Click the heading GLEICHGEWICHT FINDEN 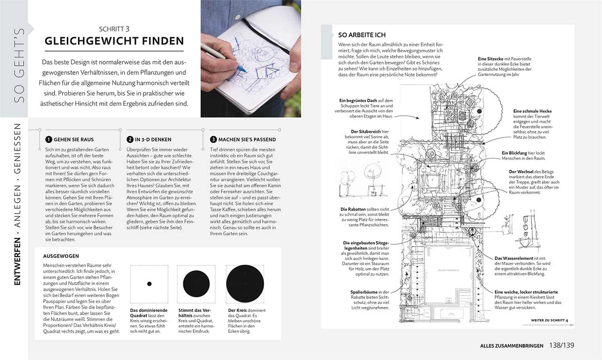coord(114,41)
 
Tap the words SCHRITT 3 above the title coord(114,29)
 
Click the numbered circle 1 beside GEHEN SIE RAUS coord(48,139)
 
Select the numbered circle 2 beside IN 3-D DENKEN coord(130,139)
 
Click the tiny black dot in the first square coord(149,284)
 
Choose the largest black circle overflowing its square coord(245,284)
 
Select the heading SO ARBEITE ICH coord(362,35)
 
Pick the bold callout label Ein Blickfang coord(516,153)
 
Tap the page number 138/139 coord(562,345)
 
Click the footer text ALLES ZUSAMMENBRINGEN coord(512,345)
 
